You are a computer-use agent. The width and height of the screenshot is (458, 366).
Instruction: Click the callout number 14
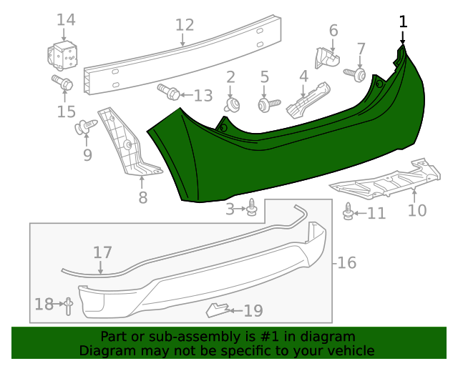(65, 19)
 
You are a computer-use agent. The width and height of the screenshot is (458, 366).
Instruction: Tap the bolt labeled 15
(61, 83)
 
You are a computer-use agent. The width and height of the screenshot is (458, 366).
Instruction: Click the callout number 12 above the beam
(185, 25)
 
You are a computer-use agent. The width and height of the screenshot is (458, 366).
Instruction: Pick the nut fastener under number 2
(231, 106)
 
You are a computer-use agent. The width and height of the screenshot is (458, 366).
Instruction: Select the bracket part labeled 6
(326, 57)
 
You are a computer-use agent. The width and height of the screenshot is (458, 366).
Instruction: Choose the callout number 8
(143, 197)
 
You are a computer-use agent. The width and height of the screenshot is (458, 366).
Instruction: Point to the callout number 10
(416, 209)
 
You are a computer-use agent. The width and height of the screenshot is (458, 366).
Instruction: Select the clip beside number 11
(349, 212)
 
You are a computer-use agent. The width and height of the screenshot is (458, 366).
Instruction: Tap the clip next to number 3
(253, 209)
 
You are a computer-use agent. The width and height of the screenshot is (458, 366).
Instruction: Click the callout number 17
(102, 252)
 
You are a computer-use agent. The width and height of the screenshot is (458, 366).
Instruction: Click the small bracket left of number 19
(217, 310)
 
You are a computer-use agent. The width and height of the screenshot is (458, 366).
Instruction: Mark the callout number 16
(346, 263)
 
